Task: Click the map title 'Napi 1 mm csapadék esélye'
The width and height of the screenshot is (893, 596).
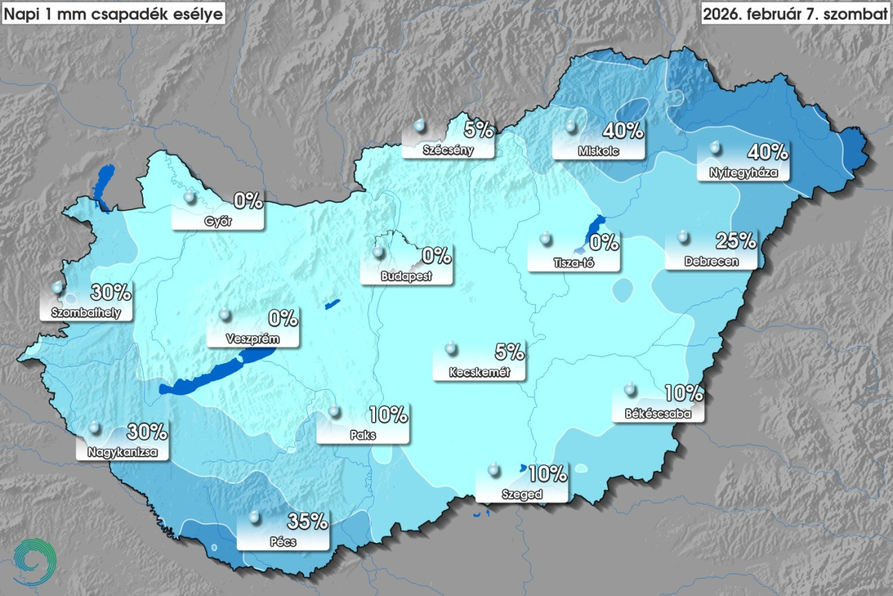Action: point(113,14)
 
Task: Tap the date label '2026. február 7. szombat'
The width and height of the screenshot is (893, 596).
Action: point(795,14)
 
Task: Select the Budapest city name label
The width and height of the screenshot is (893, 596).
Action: point(406,276)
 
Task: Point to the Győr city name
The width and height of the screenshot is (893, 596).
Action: point(218,221)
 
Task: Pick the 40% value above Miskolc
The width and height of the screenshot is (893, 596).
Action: point(622,129)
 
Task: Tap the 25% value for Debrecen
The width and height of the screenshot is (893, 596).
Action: point(736,241)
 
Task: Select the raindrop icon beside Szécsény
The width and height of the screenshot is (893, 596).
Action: point(419,126)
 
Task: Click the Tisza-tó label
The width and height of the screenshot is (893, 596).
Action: point(574,263)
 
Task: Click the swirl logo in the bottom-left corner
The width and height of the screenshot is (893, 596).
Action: point(34,560)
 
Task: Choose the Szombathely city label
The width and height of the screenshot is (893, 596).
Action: point(80,313)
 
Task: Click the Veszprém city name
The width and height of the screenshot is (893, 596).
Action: point(253,339)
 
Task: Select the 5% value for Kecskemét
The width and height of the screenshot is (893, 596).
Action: point(509,352)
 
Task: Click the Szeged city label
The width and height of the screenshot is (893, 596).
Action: point(522,494)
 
